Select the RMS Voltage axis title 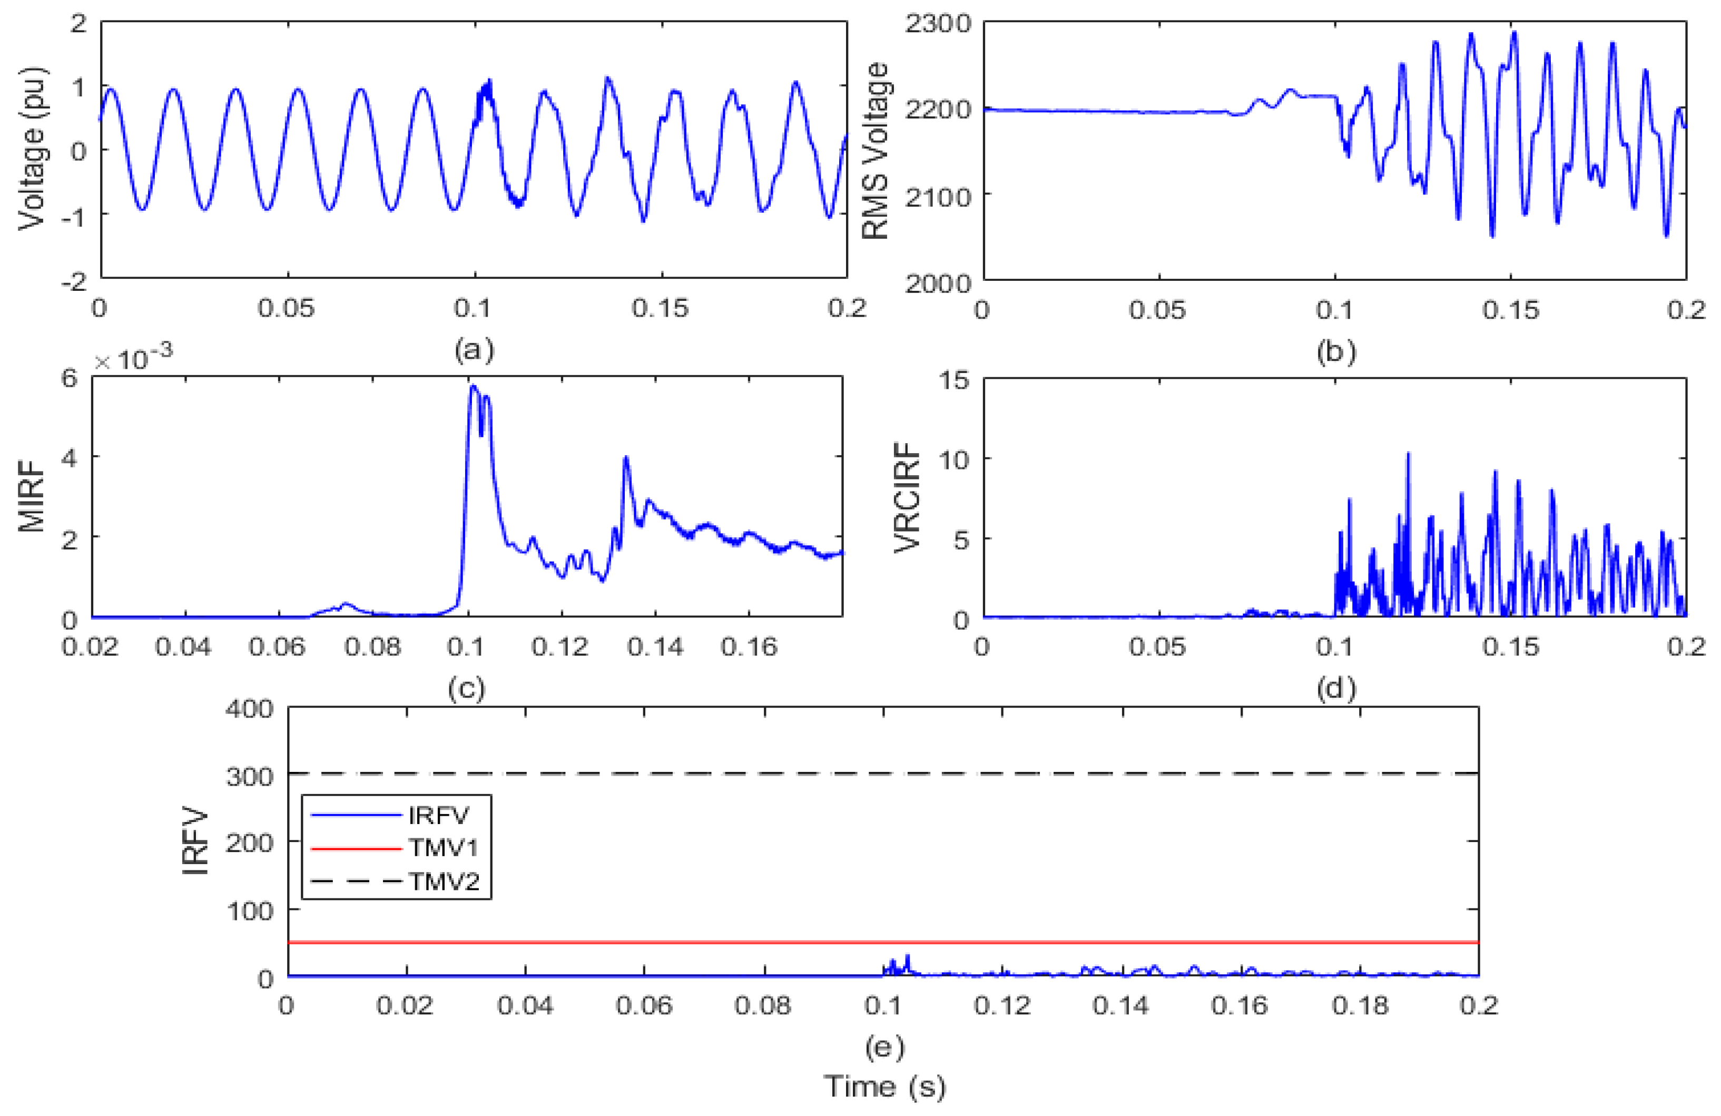877,151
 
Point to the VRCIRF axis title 908,497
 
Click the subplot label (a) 474,350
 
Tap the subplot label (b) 1335,351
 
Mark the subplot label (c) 466,688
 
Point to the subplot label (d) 1335,688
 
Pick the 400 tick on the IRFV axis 250,708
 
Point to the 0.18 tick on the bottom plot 1360,1005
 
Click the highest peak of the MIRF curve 473,386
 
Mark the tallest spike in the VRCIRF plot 1408,454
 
